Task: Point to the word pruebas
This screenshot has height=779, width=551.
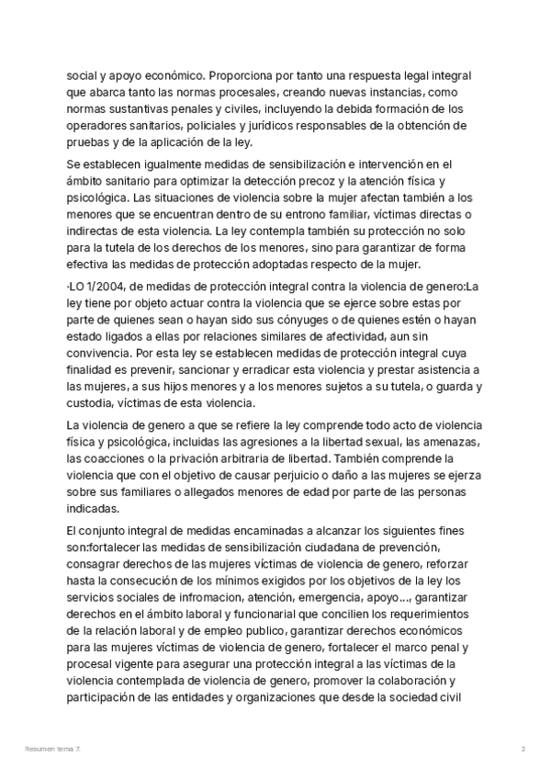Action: click(x=88, y=141)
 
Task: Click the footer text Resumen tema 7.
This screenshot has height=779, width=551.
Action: click(x=52, y=750)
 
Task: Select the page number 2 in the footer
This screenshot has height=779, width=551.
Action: click(x=523, y=750)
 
